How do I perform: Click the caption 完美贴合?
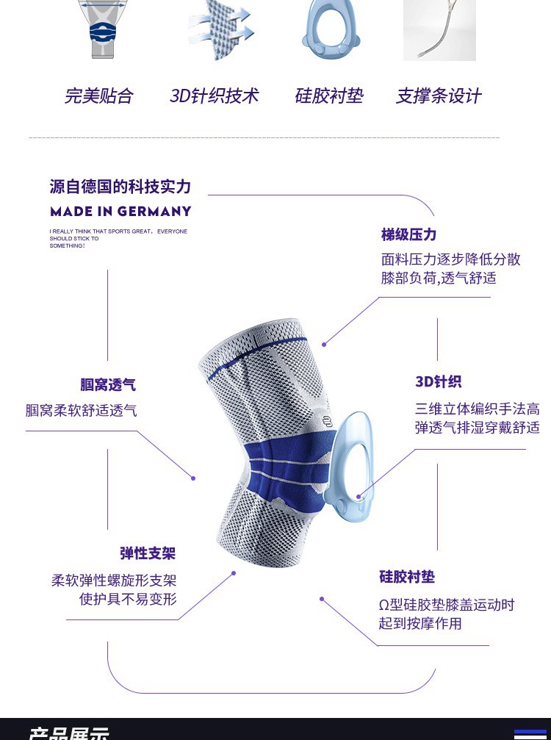click(99, 96)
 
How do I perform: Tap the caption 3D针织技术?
click(214, 96)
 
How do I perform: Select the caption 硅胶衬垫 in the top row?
click(328, 96)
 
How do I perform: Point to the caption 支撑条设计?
click(439, 96)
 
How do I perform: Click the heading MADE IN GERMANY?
click(120, 212)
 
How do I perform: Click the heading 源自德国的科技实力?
click(120, 187)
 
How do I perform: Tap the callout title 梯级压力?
click(408, 234)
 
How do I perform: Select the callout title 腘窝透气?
click(108, 385)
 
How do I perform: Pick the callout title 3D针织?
click(438, 381)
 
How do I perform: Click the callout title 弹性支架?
click(148, 553)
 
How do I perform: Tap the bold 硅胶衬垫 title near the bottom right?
click(407, 577)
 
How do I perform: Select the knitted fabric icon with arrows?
click(220, 32)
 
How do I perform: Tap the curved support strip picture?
click(439, 30)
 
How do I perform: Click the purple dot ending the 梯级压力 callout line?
click(324, 344)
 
